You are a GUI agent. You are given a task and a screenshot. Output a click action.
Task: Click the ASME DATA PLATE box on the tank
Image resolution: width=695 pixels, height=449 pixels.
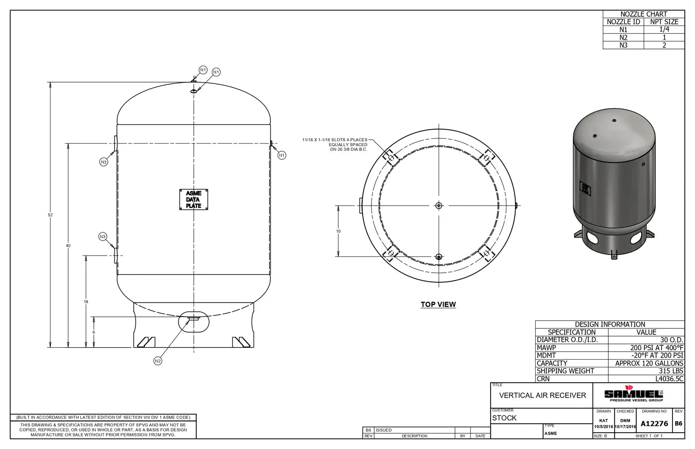(x=193, y=199)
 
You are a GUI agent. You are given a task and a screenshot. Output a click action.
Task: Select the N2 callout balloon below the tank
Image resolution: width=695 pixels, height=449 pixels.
(x=158, y=361)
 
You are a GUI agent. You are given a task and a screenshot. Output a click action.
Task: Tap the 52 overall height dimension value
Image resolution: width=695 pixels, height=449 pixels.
(x=51, y=215)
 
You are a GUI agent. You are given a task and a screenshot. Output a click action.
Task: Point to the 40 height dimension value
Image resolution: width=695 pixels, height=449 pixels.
(x=68, y=245)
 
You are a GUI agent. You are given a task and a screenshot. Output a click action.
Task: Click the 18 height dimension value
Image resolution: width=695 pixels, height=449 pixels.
(x=86, y=302)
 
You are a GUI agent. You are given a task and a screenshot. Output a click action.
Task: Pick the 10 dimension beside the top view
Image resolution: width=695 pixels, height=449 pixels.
(x=338, y=231)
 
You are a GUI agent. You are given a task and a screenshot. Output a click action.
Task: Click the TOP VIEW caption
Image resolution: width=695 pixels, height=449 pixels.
(x=438, y=304)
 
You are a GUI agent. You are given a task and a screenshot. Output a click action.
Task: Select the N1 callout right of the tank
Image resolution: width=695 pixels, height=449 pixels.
(x=282, y=155)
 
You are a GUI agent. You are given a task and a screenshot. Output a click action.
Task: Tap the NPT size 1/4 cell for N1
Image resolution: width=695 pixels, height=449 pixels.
(x=664, y=29)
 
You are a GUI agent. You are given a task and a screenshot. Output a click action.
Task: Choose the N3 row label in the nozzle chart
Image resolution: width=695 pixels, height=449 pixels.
(x=623, y=45)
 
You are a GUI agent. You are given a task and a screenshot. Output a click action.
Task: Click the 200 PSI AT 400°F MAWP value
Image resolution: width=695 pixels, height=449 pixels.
(x=656, y=348)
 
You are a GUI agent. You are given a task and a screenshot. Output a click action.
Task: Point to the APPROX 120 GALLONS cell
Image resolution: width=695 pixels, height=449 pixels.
(x=649, y=363)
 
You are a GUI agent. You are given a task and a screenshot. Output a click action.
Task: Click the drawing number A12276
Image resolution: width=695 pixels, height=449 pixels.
(x=654, y=423)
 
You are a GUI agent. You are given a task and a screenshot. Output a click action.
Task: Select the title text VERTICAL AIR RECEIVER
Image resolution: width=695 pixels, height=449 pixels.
(x=543, y=395)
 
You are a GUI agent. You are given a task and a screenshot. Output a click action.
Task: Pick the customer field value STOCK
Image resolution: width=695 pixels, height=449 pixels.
(x=504, y=418)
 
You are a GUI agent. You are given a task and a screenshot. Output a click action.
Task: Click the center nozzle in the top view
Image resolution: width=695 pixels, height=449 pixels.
(x=438, y=206)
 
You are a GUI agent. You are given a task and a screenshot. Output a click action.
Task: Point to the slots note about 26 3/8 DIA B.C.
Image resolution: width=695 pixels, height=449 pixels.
(x=335, y=145)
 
